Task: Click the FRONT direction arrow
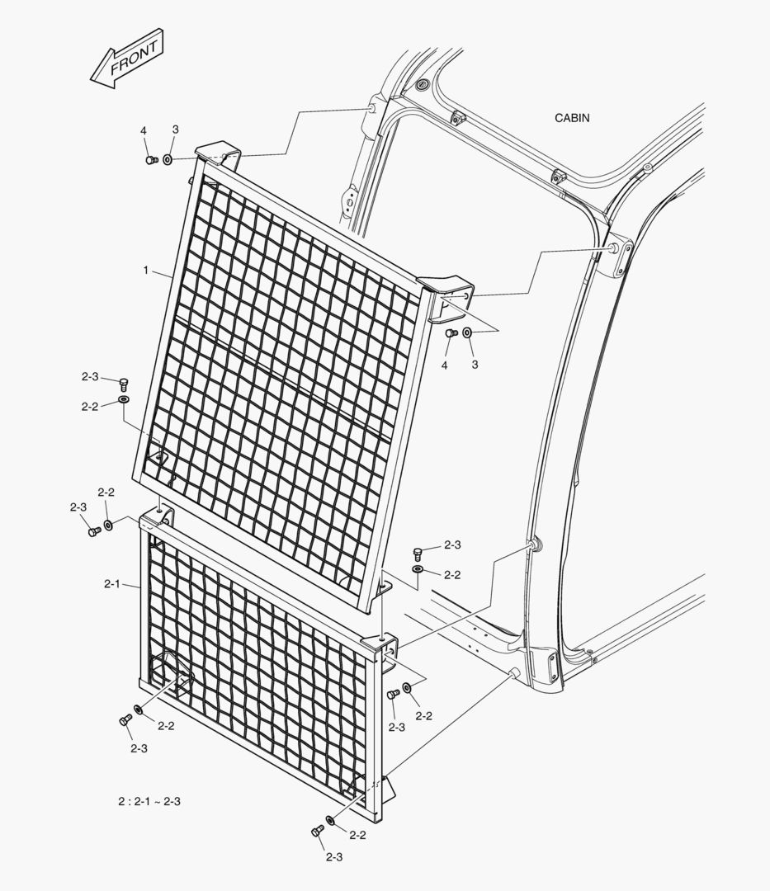[x=127, y=59]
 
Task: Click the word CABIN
[x=572, y=118]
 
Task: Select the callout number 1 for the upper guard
[x=146, y=271]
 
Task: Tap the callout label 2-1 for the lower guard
[x=112, y=583]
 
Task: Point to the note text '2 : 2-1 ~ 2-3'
[x=149, y=802]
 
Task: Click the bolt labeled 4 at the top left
[x=151, y=160]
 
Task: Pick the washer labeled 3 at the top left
[x=168, y=160]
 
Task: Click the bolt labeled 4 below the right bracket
[x=451, y=332]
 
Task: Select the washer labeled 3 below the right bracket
[x=467, y=332]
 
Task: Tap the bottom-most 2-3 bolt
[x=318, y=832]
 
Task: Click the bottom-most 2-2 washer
[x=330, y=820]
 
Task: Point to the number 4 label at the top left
[x=144, y=131]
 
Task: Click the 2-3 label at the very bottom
[x=334, y=857]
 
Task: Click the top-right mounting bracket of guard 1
[x=447, y=295]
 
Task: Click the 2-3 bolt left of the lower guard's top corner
[x=94, y=532]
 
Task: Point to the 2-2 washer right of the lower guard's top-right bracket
[x=408, y=688]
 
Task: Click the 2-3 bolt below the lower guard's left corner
[x=125, y=720]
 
